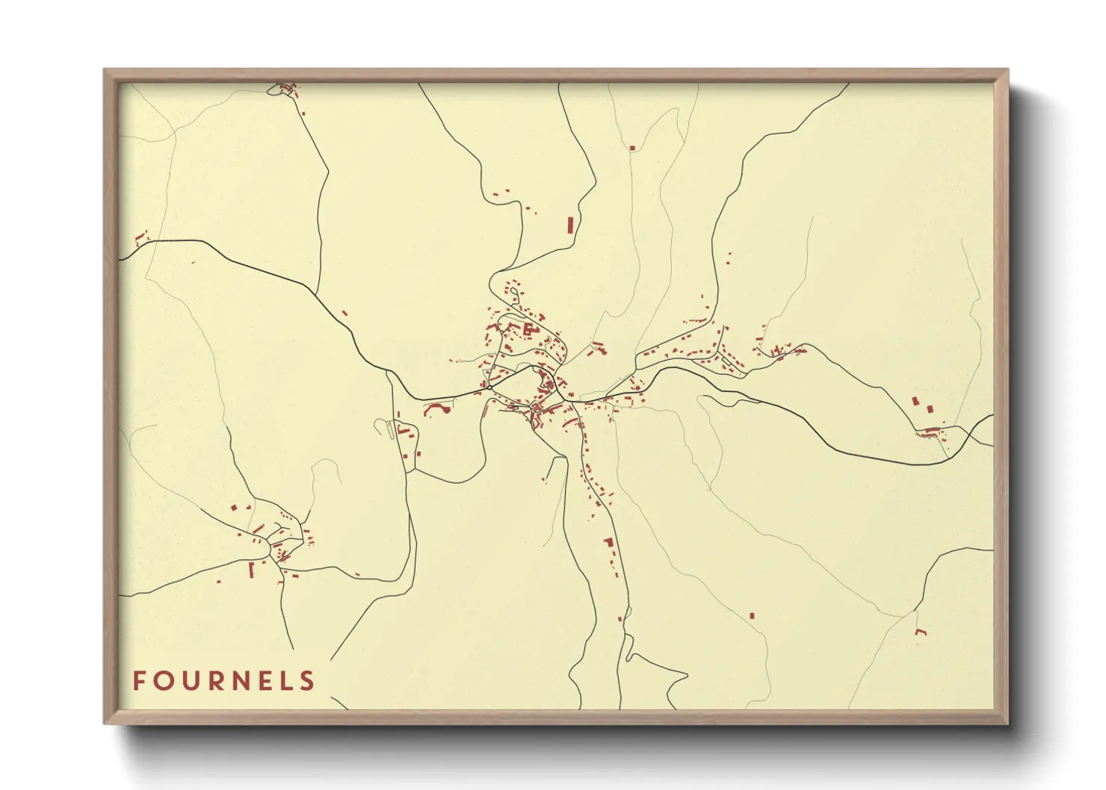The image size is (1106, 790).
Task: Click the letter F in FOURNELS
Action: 139,681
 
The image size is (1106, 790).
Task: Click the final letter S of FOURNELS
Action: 307,681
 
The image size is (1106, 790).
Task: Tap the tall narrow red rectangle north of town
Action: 570,225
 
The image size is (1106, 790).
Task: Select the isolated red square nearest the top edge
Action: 632,148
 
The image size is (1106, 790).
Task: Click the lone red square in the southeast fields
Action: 752,615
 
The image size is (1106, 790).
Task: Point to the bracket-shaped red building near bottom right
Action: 921,632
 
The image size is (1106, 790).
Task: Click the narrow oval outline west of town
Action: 390,429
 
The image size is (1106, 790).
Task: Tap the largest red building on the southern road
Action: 608,542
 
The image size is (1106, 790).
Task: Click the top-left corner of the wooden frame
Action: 105,70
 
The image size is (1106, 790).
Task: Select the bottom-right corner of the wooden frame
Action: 1007,723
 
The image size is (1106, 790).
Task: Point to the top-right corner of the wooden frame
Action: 1007,70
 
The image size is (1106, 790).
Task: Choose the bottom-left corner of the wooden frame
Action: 105,723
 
